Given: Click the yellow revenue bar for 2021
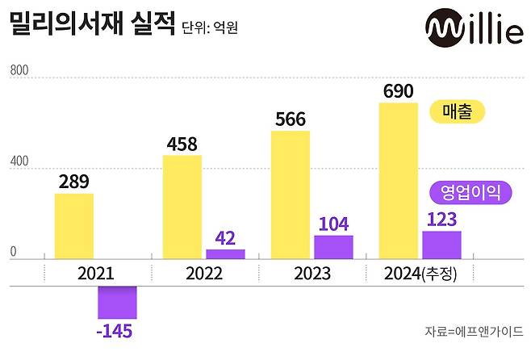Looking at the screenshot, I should (x=74, y=226).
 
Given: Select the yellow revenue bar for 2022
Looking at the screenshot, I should (x=182, y=207).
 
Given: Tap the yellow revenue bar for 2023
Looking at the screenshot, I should (x=290, y=195).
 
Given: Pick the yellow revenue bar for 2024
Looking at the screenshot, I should (x=398, y=181).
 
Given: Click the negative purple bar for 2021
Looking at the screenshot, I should (x=117, y=302).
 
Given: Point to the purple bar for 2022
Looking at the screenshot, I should (x=225, y=254).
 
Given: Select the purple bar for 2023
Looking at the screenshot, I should (x=333, y=247).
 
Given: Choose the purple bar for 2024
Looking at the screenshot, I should (x=441, y=245).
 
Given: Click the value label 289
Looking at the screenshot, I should (x=74, y=182).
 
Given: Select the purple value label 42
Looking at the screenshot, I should (x=225, y=238).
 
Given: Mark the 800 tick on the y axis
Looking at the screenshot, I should (x=19, y=72).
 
